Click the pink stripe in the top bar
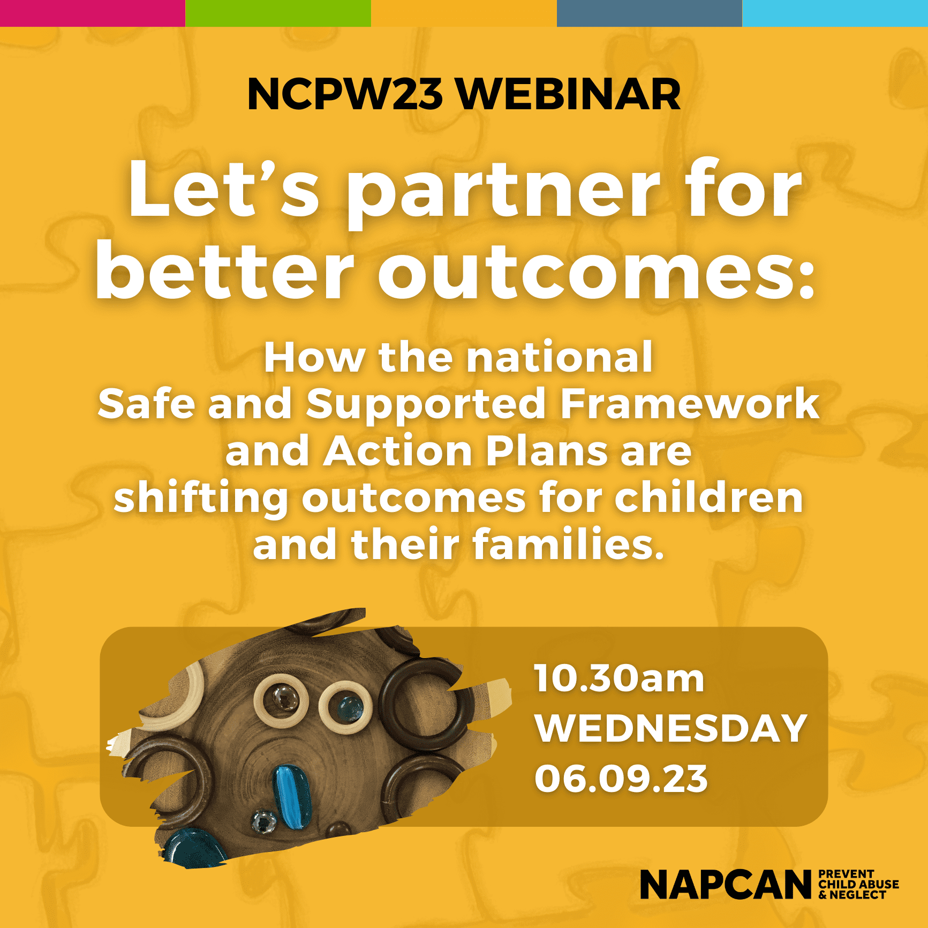(93, 13)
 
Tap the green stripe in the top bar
(278, 13)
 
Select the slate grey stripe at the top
(650, 13)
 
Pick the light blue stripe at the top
(835, 13)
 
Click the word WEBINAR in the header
(569, 94)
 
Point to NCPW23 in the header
(345, 94)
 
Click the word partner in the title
(504, 194)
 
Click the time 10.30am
(618, 678)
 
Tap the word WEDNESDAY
(671, 728)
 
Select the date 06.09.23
(621, 779)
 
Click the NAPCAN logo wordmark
(726, 885)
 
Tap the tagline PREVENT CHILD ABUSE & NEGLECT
(858, 884)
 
